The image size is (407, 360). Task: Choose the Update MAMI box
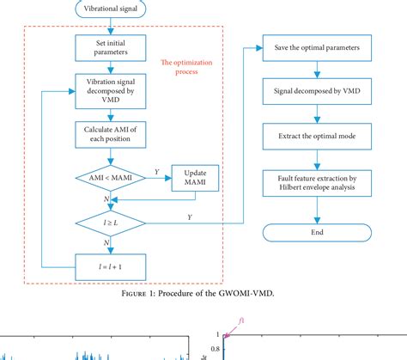coord(197,179)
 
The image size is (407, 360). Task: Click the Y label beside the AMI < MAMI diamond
coord(155,172)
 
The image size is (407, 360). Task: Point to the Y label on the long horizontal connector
coord(190,217)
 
